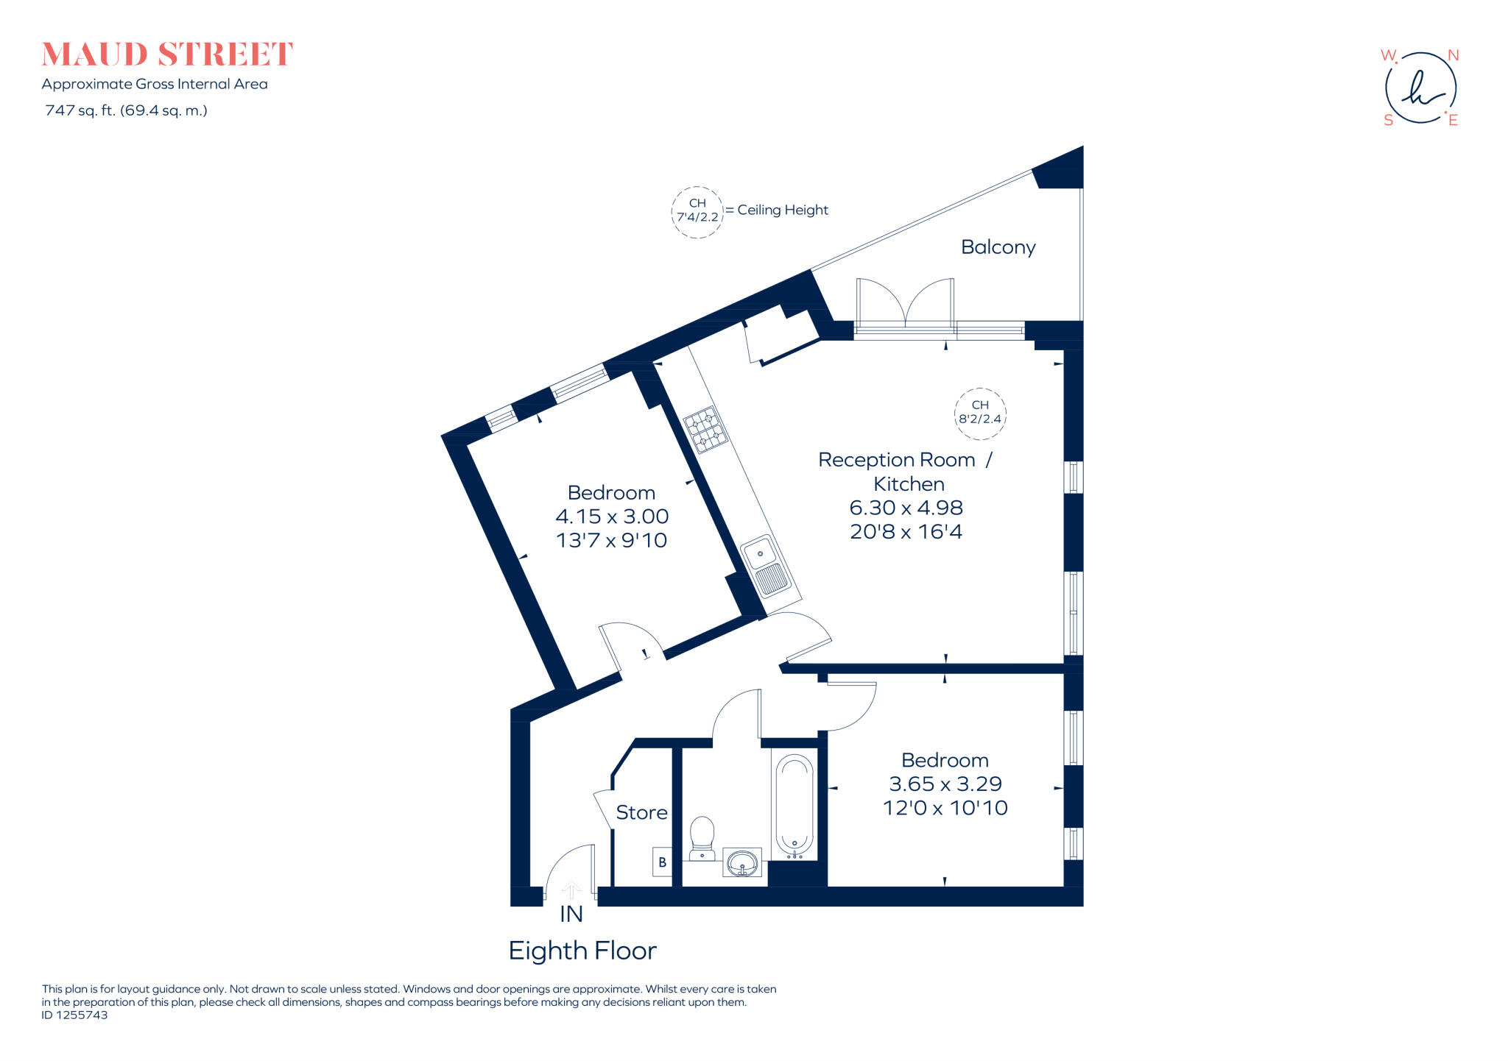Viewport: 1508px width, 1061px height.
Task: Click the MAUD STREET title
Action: point(167,54)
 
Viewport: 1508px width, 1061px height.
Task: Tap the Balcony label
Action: point(998,247)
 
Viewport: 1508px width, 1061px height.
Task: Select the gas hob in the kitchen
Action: point(705,429)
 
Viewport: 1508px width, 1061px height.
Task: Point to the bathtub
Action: point(794,806)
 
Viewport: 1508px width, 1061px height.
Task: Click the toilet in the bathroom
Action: point(702,837)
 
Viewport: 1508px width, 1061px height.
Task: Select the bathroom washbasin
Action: point(742,862)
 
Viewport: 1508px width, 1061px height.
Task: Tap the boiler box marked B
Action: point(662,862)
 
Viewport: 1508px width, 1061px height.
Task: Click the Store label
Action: point(641,812)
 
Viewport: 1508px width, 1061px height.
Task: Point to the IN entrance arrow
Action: point(571,891)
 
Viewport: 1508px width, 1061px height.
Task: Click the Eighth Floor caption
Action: point(582,951)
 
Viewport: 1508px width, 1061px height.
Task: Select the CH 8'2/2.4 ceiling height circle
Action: point(980,414)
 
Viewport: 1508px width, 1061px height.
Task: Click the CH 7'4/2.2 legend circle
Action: point(697,211)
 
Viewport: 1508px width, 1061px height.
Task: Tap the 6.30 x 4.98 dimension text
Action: point(906,508)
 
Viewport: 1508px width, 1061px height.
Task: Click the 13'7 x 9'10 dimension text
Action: point(611,540)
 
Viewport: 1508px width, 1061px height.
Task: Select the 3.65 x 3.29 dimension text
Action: point(945,784)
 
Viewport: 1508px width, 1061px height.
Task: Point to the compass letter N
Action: point(1453,56)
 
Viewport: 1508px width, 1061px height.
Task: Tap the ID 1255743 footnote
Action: point(74,1015)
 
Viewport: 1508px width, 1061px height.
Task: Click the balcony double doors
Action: point(905,303)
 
